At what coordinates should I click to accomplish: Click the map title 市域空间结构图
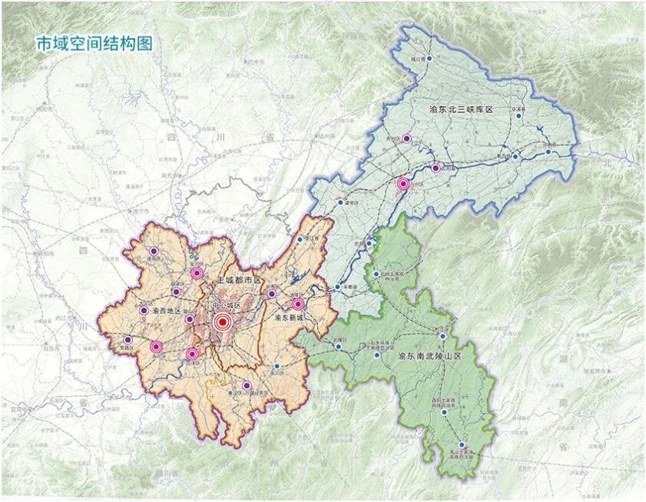(x=94, y=44)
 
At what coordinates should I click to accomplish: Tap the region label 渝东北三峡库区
(x=471, y=110)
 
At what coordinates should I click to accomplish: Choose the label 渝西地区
(x=166, y=311)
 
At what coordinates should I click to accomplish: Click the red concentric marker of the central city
(x=223, y=323)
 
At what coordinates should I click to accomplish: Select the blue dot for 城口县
(x=430, y=58)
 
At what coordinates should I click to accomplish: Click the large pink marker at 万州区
(x=403, y=184)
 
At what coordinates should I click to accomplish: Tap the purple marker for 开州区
(x=407, y=139)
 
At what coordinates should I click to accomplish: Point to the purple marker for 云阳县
(x=436, y=168)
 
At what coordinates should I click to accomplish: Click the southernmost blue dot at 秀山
(x=462, y=444)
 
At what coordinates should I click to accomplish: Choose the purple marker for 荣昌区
(x=128, y=340)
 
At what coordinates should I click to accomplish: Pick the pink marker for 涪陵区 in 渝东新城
(x=298, y=304)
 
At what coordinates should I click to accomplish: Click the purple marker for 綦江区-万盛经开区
(x=247, y=386)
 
